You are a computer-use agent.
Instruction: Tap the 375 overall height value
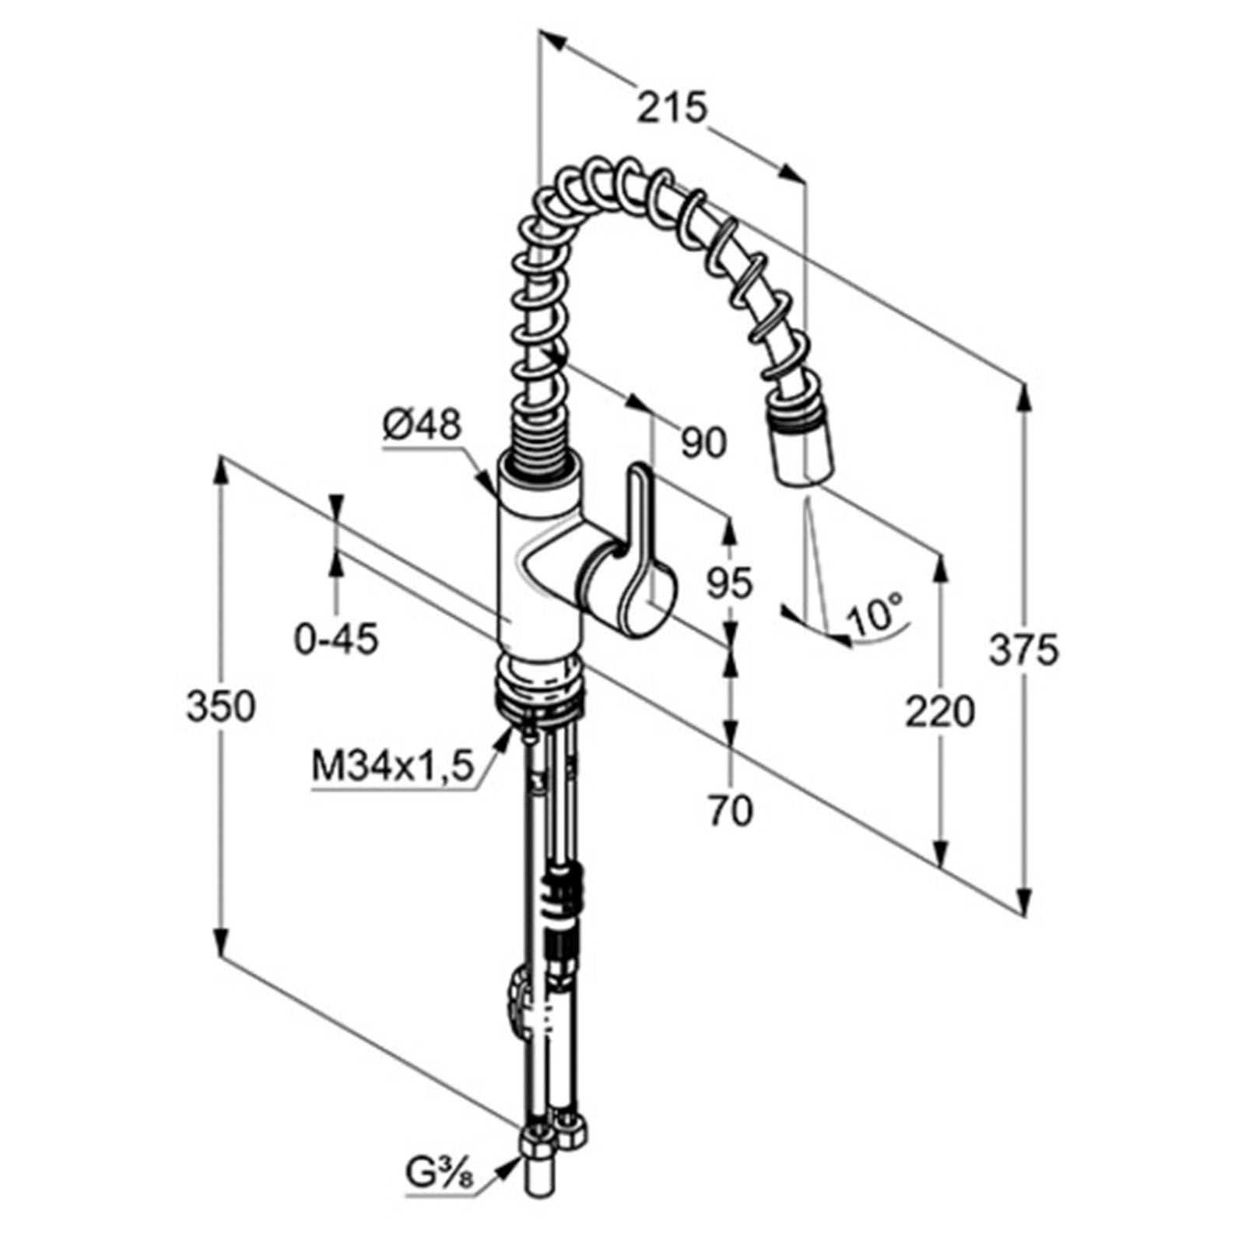pos(1024,651)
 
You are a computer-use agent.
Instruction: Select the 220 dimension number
pos(939,711)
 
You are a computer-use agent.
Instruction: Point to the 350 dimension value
pos(221,707)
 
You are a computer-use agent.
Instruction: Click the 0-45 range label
pos(336,640)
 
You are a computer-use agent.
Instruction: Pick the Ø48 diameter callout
pos(422,426)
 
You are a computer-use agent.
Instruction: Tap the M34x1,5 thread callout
pos(392,767)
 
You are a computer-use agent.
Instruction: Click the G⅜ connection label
pos(439,1192)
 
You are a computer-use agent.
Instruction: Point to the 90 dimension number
pos(704,443)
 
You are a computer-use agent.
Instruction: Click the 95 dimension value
pos(730,583)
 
